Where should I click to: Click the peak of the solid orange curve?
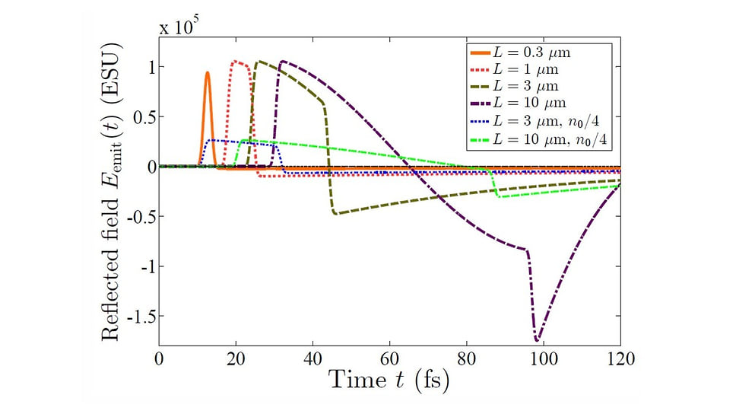coord(208,73)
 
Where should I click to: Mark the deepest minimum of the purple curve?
coord(538,339)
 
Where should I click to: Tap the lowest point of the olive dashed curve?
coord(336,214)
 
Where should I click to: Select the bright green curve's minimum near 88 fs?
coord(499,196)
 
